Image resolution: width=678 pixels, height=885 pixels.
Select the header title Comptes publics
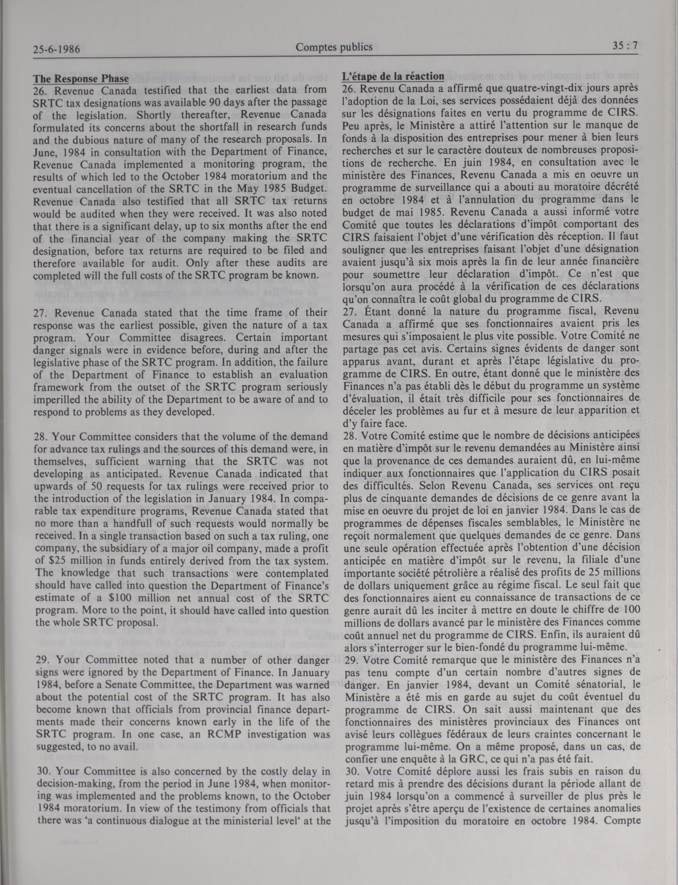(334, 47)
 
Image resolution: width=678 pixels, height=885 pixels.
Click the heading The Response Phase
(81, 78)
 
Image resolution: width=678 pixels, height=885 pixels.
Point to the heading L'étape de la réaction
(393, 76)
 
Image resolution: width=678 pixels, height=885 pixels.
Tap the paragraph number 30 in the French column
(352, 771)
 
